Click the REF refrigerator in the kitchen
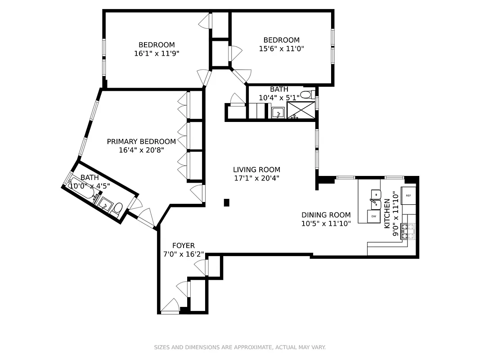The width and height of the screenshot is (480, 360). click(x=408, y=196)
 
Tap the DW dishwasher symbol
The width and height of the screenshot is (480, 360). click(x=373, y=216)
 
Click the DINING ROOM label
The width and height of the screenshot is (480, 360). click(x=326, y=215)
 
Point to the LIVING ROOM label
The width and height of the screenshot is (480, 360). click(x=256, y=170)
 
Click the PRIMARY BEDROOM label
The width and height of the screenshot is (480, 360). click(x=141, y=141)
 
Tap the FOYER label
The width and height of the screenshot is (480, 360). click(x=184, y=246)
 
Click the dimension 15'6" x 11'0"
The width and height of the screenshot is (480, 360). click(x=282, y=49)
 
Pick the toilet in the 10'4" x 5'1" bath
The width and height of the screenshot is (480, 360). click(x=306, y=95)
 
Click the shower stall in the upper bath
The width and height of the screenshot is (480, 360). click(x=301, y=111)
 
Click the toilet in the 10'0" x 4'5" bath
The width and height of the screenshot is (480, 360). click(x=117, y=208)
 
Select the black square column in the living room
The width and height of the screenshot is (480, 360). click(x=227, y=202)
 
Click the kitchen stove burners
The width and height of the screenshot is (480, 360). click(x=408, y=231)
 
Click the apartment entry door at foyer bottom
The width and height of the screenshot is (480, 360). click(x=170, y=307)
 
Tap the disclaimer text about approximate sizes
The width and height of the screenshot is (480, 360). click(x=240, y=347)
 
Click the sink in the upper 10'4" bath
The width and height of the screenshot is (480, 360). click(x=278, y=113)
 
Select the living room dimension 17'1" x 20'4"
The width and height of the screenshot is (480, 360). click(x=256, y=178)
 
